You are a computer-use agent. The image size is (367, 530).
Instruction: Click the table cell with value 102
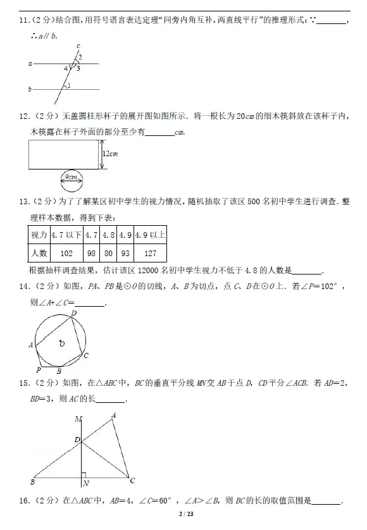pyautogui.click(x=66, y=254)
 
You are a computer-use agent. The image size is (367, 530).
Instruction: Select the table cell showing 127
pyautogui.click(x=150, y=254)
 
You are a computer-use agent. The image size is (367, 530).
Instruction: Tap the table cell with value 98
pyautogui.click(x=91, y=254)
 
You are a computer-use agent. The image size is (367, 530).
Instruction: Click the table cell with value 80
pyautogui.click(x=108, y=254)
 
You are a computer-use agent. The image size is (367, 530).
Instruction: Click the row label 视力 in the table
pyautogui.click(x=39, y=235)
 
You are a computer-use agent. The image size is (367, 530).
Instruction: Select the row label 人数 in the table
pyautogui.click(x=39, y=254)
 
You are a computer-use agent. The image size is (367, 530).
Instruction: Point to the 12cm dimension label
pyautogui.click(x=111, y=154)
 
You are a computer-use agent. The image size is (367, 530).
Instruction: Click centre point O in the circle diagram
pyautogui.click(x=61, y=343)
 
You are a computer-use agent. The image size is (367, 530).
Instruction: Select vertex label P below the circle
pyautogui.click(x=39, y=370)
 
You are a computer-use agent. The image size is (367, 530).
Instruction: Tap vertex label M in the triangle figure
pyautogui.click(x=78, y=419)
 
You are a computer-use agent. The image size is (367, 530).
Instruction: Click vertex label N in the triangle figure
pyautogui.click(x=86, y=484)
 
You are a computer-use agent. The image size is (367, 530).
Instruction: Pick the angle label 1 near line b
pyautogui.click(x=68, y=85)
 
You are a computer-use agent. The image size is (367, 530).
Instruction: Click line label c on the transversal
pyautogui.click(x=78, y=46)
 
